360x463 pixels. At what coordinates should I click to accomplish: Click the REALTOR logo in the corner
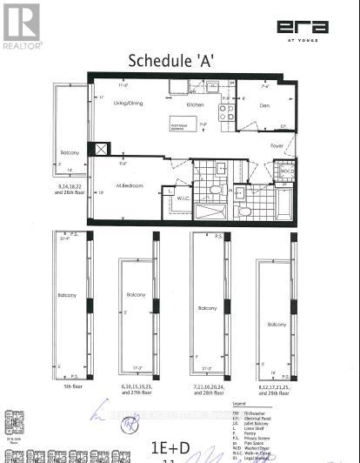click(22, 25)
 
